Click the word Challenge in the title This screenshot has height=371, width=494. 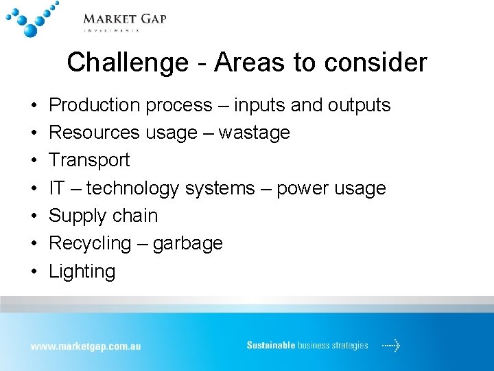127,63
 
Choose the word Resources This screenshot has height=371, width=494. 95,133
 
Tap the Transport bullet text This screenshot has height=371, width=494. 89,160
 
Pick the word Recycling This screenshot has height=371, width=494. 90,243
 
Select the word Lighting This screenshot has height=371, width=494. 82,271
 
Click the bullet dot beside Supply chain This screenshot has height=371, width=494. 33,216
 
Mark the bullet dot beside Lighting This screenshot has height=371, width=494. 33,271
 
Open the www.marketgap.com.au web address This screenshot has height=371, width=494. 85,346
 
